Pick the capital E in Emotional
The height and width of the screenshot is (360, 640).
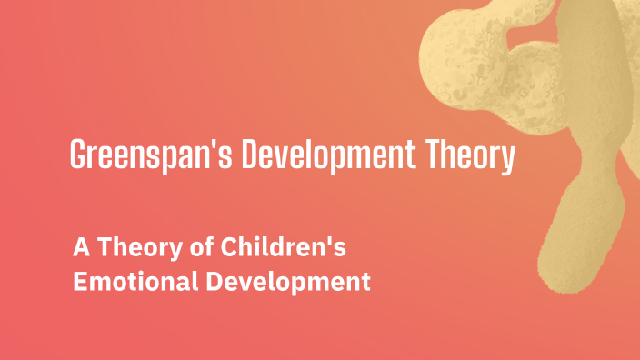tap(79, 282)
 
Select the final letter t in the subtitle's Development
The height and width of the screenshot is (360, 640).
tap(365, 282)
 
